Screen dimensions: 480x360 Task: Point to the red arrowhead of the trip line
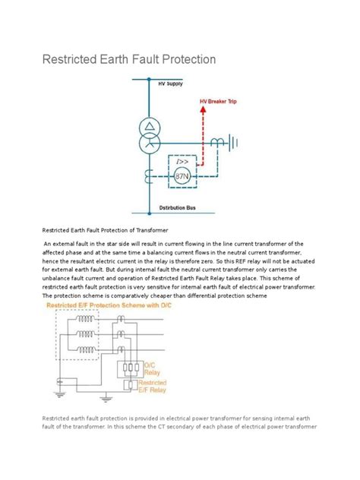(x=203, y=109)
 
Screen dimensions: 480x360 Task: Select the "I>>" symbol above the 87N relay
(x=182, y=162)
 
